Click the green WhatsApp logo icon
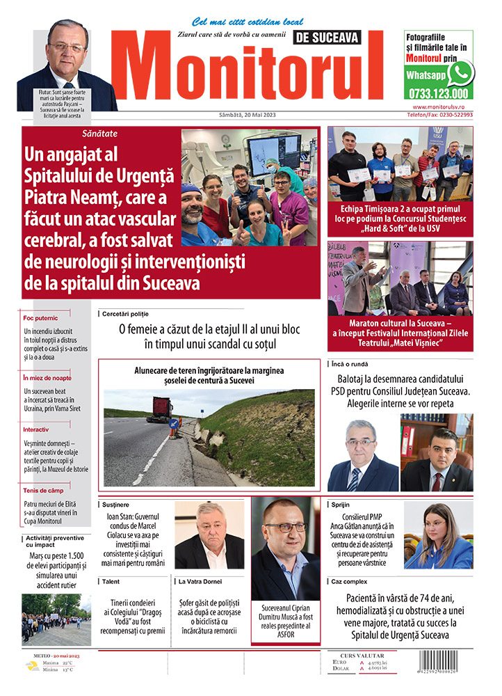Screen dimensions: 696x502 click(460, 73)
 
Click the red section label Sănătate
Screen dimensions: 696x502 click(100, 133)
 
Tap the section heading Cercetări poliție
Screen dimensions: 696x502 click(125, 314)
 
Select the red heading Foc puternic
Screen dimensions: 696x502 click(41, 318)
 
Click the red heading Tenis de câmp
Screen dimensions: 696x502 click(44, 491)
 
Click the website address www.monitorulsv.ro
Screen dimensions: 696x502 click(439, 107)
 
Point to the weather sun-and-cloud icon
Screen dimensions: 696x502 click(32, 666)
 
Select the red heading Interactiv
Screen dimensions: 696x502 click(36, 429)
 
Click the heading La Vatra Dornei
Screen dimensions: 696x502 click(202, 580)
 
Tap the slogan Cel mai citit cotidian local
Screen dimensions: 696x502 click(238, 22)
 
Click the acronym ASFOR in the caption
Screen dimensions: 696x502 click(286, 635)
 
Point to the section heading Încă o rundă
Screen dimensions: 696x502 click(350, 364)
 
